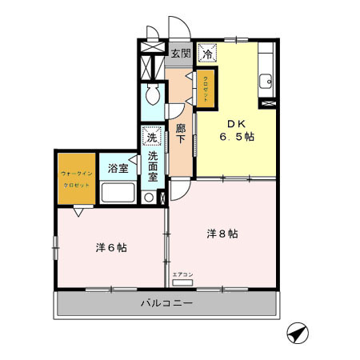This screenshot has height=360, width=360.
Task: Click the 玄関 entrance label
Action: [181, 54]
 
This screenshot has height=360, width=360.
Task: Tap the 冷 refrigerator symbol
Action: [207, 54]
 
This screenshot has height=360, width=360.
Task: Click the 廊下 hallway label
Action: [180, 134]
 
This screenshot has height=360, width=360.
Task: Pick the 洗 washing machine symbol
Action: [151, 137]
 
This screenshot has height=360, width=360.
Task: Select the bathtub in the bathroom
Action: [118, 193]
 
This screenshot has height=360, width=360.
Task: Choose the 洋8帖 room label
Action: [222, 234]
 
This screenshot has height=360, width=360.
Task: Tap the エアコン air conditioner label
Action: [183, 274]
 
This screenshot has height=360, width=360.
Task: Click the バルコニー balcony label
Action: [166, 304]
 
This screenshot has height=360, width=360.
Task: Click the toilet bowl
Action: [153, 99]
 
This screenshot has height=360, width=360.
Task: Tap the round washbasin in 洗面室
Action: [149, 197]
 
